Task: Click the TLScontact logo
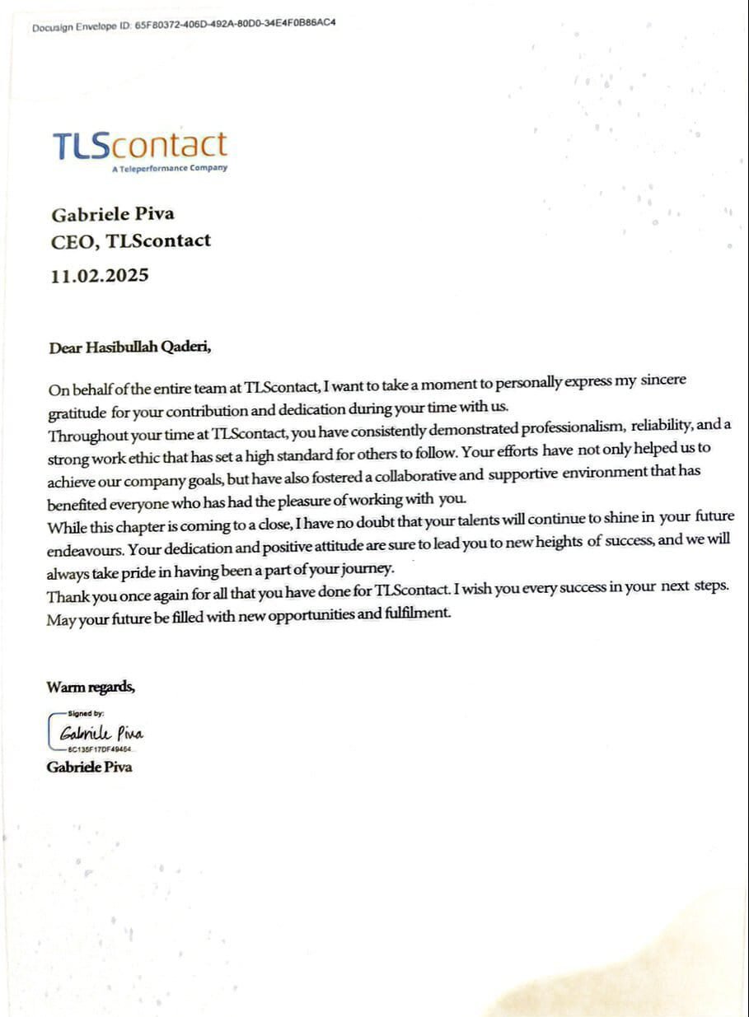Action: (x=139, y=145)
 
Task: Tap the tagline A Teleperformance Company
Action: (x=170, y=169)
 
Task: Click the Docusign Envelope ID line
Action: (x=184, y=25)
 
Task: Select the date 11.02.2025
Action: (x=100, y=275)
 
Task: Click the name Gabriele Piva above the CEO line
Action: (x=113, y=214)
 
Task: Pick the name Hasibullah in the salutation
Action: (x=121, y=348)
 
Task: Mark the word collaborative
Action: (x=405, y=475)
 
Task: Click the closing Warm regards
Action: (x=91, y=687)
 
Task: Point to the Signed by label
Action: (x=86, y=713)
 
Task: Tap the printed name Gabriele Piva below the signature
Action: (x=90, y=767)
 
